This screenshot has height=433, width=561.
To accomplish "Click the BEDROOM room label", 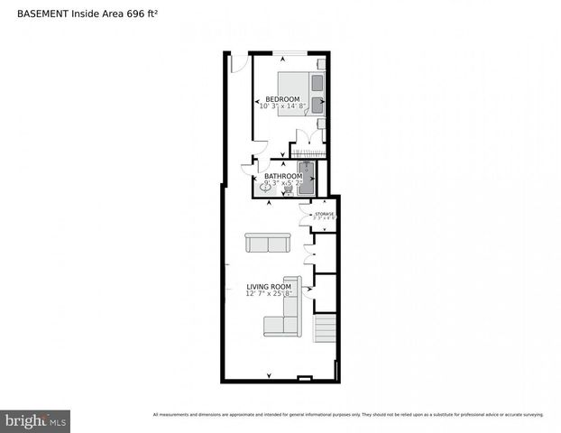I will [282, 98].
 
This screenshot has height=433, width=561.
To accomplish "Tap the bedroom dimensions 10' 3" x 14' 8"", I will [282, 106].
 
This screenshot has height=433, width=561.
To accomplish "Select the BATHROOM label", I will [283, 176].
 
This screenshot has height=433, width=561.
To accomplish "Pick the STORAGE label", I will [324, 214].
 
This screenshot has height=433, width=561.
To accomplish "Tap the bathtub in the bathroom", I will [305, 179].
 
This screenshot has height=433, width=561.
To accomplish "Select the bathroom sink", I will [264, 187].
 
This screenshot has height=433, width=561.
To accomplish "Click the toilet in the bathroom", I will [289, 190].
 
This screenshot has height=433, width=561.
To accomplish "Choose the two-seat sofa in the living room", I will [267, 243].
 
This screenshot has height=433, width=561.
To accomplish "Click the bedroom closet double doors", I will [309, 136].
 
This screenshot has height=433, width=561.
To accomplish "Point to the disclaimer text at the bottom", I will [348, 415].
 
